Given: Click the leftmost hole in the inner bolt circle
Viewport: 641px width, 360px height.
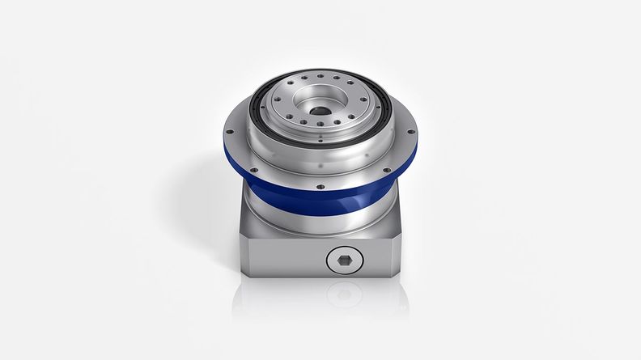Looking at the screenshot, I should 276,100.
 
